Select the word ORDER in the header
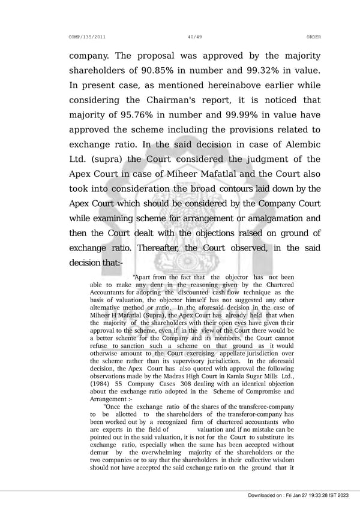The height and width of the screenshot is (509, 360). [x=313, y=37]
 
